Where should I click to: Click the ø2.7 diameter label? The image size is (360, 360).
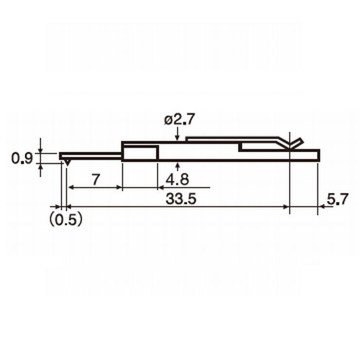pyautogui.click(x=179, y=120)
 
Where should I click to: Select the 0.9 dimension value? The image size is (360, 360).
pyautogui.click(x=22, y=158)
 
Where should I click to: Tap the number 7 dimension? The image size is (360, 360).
pyautogui.click(x=96, y=179)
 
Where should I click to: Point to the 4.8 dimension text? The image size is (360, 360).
pyautogui.click(x=177, y=179)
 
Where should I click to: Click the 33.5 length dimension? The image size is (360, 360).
pyautogui.click(x=181, y=199)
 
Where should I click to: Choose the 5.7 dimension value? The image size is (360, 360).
pyautogui.click(x=337, y=199)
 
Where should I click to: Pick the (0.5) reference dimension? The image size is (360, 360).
pyautogui.click(x=66, y=220)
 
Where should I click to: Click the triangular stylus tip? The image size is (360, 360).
pyautogui.click(x=67, y=163)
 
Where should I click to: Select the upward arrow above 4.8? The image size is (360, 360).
pyautogui.click(x=177, y=167)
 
